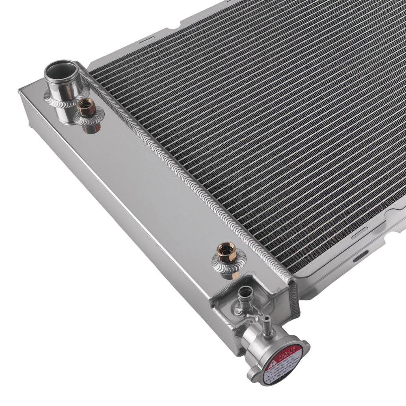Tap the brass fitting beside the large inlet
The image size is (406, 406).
(86, 108)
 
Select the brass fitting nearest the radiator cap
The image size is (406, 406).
(227, 253)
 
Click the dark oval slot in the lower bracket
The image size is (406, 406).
(358, 257)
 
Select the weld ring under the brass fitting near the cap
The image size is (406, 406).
(227, 266)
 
